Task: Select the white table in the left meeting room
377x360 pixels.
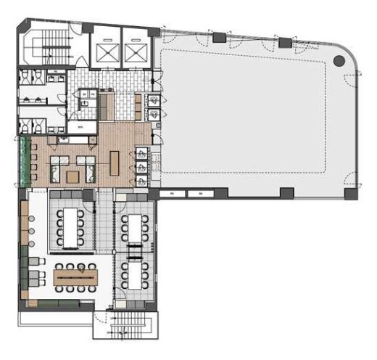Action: [70, 224]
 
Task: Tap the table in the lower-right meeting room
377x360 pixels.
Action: [135, 273]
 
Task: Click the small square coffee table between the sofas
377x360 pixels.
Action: [72, 176]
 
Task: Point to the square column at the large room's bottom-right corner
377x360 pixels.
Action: [351, 194]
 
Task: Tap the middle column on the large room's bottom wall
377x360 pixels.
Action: [287, 194]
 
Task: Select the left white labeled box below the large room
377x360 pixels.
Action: [173, 195]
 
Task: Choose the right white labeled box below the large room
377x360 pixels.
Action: [196, 195]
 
